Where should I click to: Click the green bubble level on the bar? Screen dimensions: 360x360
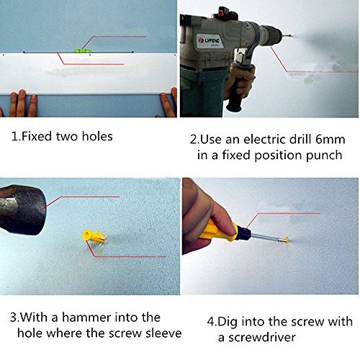pos(81,50)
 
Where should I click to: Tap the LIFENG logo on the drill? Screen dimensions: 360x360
pos(209,40)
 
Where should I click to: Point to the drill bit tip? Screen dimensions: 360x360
pos(290,36)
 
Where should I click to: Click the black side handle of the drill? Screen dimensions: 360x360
pos(237,92)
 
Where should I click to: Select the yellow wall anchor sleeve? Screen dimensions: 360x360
pos(94,237)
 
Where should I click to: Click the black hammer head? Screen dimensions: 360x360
pos(23,210)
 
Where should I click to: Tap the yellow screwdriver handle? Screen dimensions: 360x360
pos(217,231)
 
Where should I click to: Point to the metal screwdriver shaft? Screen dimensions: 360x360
pos(267,238)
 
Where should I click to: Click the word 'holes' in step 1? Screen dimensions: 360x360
pos(97,136)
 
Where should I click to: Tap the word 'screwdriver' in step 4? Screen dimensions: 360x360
pos(262,338)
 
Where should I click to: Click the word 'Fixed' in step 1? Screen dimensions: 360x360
pos(37,136)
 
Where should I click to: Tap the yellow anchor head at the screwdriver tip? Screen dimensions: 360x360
pos(286,240)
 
